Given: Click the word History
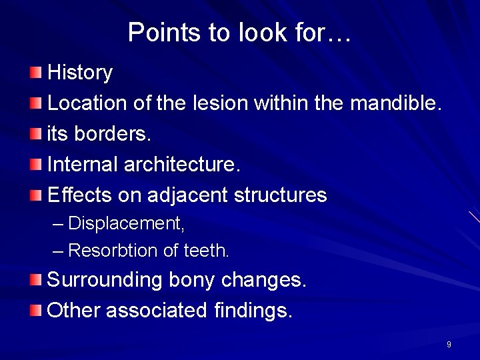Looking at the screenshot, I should pyautogui.click(x=80, y=73).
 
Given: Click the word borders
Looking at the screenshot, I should pyautogui.click(x=113, y=134).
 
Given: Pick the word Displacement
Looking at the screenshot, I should pyautogui.click(x=126, y=223).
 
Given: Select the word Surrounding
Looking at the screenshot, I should pyautogui.click(x=105, y=279).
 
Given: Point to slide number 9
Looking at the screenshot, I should pyautogui.click(x=449, y=345).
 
